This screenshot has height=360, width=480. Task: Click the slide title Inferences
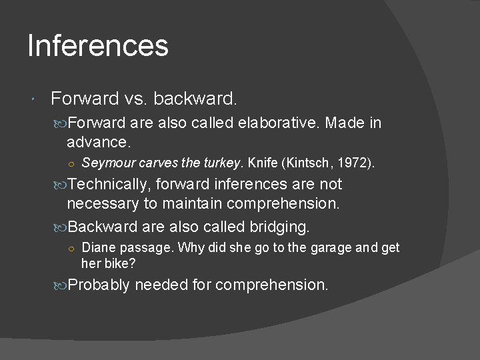coord(98,45)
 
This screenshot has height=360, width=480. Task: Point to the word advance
coord(99,141)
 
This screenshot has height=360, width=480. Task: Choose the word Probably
coord(99,285)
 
